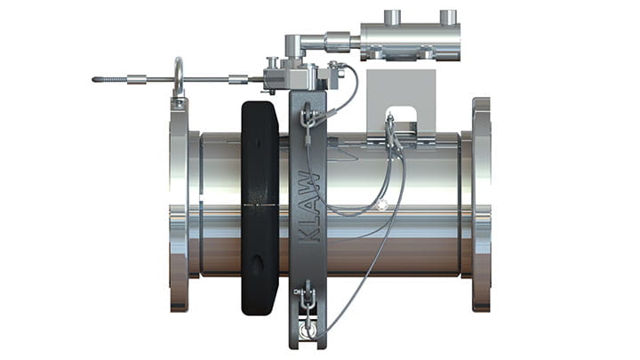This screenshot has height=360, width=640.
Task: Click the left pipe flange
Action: [x=179, y=204]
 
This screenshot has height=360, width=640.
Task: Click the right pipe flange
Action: [x=481, y=204]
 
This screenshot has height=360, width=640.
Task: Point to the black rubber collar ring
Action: [x=259, y=209]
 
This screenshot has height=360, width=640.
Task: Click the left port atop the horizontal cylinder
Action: [x=392, y=17]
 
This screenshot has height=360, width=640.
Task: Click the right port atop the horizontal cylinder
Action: [x=448, y=17]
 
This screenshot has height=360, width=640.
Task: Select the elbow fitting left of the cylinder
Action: [x=294, y=44]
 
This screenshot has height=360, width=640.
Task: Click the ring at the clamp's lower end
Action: [x=308, y=328]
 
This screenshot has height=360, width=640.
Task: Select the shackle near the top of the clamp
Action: [x=307, y=116]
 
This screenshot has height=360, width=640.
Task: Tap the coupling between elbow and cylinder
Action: [x=339, y=41]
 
